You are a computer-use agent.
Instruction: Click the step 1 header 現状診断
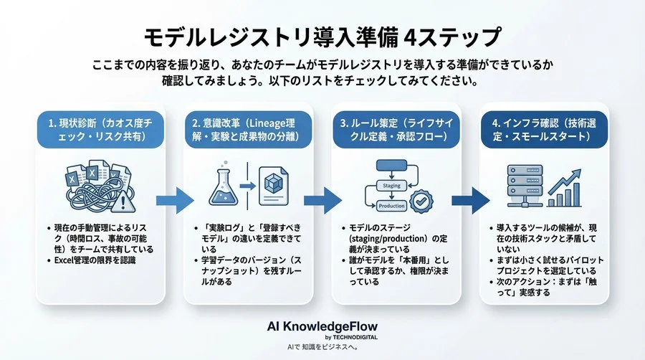(100, 129)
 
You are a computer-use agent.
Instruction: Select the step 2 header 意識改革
(248, 129)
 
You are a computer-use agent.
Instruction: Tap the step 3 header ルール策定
(396, 129)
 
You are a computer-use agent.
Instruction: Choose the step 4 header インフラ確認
(544, 129)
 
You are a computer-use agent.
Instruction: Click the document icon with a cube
(274, 186)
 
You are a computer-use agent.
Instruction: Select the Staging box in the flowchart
(391, 186)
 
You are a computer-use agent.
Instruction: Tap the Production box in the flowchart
(391, 206)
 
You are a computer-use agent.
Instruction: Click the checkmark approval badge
(421, 202)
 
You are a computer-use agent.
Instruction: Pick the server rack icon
(525, 186)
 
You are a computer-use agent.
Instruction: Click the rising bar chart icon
(564, 188)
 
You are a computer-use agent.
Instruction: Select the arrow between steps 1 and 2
(175, 200)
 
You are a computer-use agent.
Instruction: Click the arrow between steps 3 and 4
(471, 200)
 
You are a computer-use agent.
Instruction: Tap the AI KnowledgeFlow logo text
(322, 327)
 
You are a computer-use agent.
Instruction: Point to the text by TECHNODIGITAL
(351, 337)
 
